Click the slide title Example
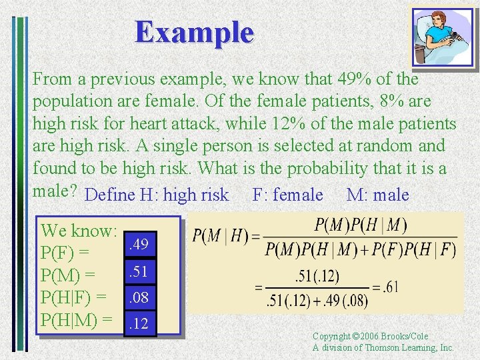pyautogui.click(x=194, y=32)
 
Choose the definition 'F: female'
pyautogui.click(x=287, y=195)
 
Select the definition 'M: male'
pyautogui.click(x=377, y=195)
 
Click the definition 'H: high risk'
pyautogui.click(x=184, y=195)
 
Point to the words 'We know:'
pyautogui.click(x=79, y=231)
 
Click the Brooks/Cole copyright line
pyautogui.click(x=370, y=337)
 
